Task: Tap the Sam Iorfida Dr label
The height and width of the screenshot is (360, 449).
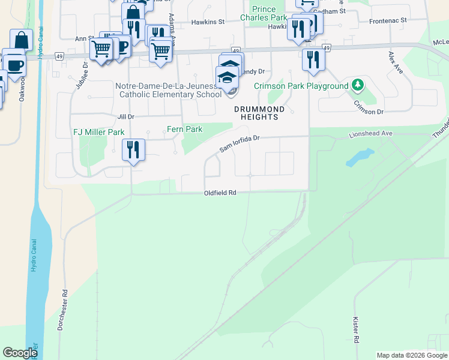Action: coord(239,143)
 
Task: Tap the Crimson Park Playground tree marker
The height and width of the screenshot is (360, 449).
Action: coord(358,85)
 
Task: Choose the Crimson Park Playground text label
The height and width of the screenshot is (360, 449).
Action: coord(301,86)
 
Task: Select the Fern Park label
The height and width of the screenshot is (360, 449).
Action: coord(184,129)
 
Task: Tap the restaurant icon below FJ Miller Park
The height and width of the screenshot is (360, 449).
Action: coord(133,149)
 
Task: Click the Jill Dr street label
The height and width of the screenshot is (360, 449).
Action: coord(126,116)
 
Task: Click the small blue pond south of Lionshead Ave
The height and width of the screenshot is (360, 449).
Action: coord(358,158)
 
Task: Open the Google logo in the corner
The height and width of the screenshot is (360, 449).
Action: coord(20,353)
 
